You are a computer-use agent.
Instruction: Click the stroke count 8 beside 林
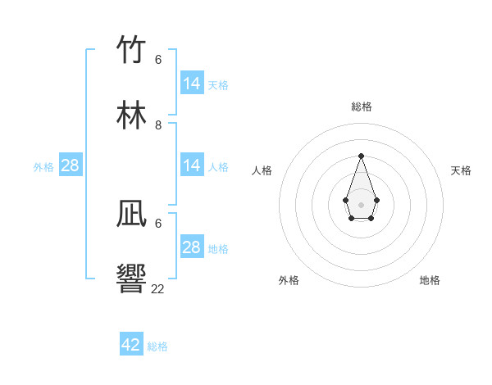158,125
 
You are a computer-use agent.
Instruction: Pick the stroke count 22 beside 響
158,288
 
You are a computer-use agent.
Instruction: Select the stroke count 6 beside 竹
158,60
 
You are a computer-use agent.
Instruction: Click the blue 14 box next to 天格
192,84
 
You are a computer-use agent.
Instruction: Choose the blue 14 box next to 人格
192,165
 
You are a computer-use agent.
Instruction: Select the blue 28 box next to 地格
192,247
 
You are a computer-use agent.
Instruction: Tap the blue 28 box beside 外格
71,165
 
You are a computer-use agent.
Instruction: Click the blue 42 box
131,345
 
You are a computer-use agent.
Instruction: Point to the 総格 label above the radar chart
362,106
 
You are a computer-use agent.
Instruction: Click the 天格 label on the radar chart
461,170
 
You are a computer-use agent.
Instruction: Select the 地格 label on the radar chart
430,280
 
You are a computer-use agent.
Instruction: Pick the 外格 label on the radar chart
289,280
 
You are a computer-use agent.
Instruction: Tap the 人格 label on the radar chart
262,170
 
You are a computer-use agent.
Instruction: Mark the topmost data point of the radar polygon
361,156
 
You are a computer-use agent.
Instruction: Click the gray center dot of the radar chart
361,203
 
